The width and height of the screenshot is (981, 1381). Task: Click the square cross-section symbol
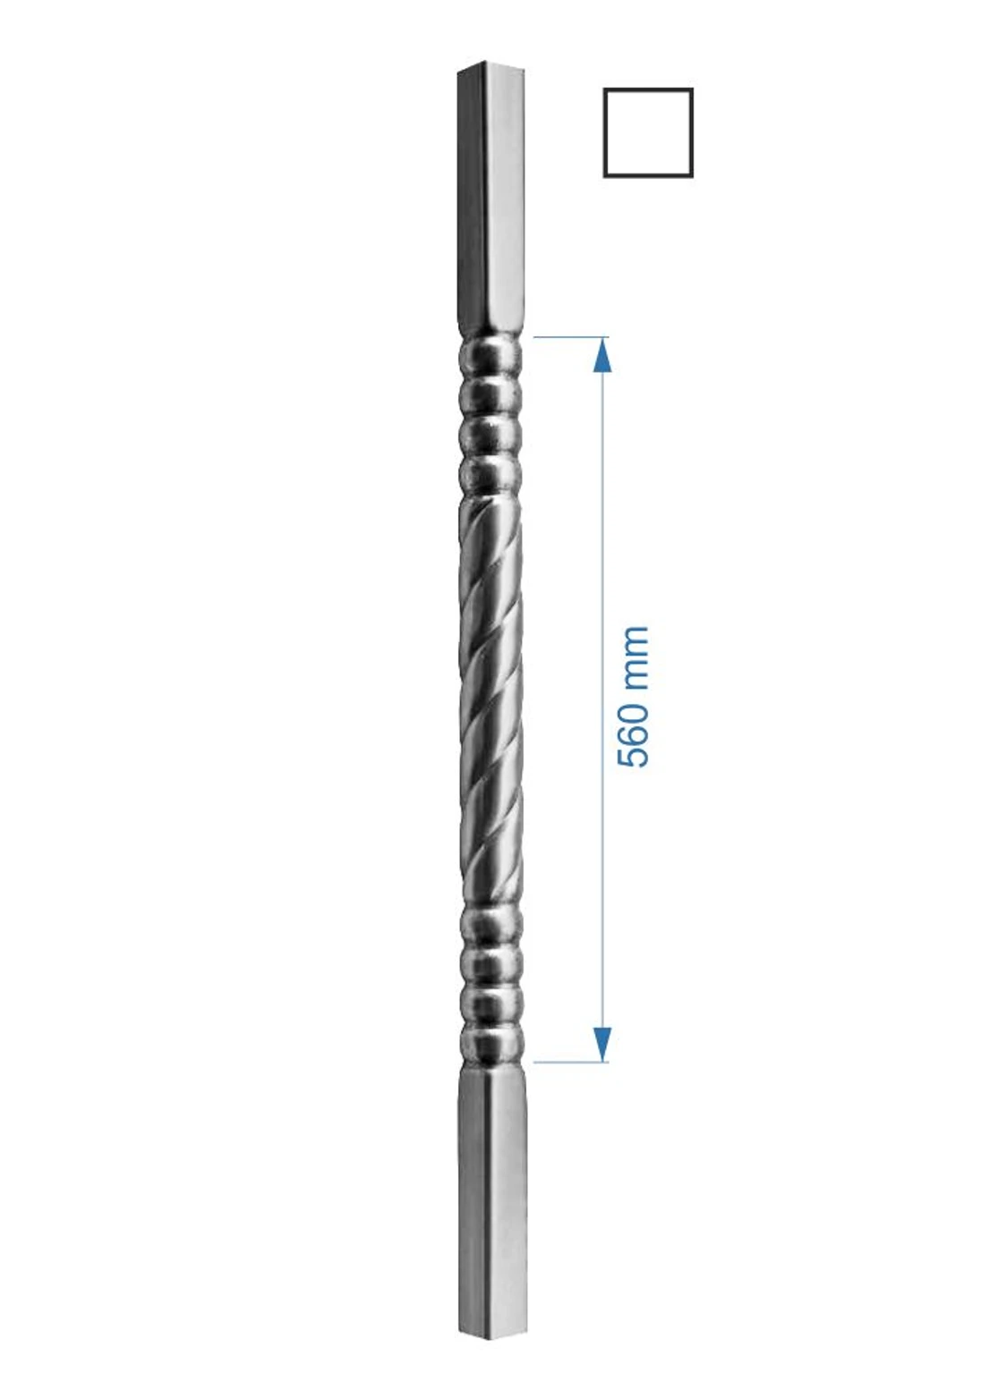coord(647,132)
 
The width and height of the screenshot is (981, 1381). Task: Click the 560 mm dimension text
coord(633,697)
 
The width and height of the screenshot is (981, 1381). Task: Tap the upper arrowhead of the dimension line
coord(602,356)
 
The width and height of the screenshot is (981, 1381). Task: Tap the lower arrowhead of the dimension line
coord(602,1043)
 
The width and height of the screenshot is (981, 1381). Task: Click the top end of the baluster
coord(490,68)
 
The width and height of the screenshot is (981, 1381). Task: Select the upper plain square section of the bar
coord(490,197)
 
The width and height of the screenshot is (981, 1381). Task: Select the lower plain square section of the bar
coord(491,1199)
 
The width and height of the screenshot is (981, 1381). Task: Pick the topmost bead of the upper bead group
coord(490,358)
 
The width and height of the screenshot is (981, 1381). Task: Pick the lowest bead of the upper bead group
coord(490,476)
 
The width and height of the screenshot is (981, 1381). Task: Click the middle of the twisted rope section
coord(490,698)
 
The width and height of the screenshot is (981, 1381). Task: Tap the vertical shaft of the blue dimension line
coord(602,537)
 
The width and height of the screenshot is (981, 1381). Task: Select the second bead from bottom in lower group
coord(490,1004)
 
